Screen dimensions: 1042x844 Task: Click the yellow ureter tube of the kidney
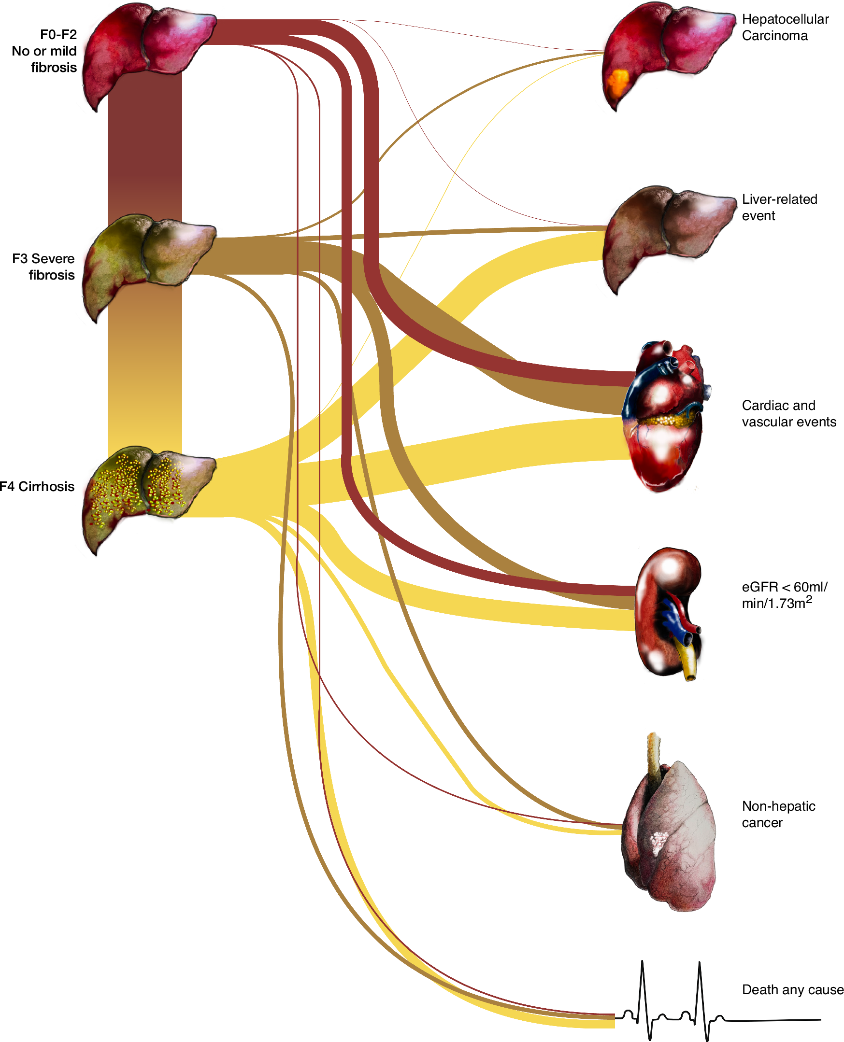point(689,663)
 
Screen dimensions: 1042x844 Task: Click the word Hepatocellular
point(785,19)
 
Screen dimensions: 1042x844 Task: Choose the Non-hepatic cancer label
point(778,814)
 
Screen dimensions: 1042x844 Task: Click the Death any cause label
point(792,989)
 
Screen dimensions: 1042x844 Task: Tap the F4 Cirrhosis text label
point(37,486)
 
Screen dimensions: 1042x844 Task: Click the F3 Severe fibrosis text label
point(44,267)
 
